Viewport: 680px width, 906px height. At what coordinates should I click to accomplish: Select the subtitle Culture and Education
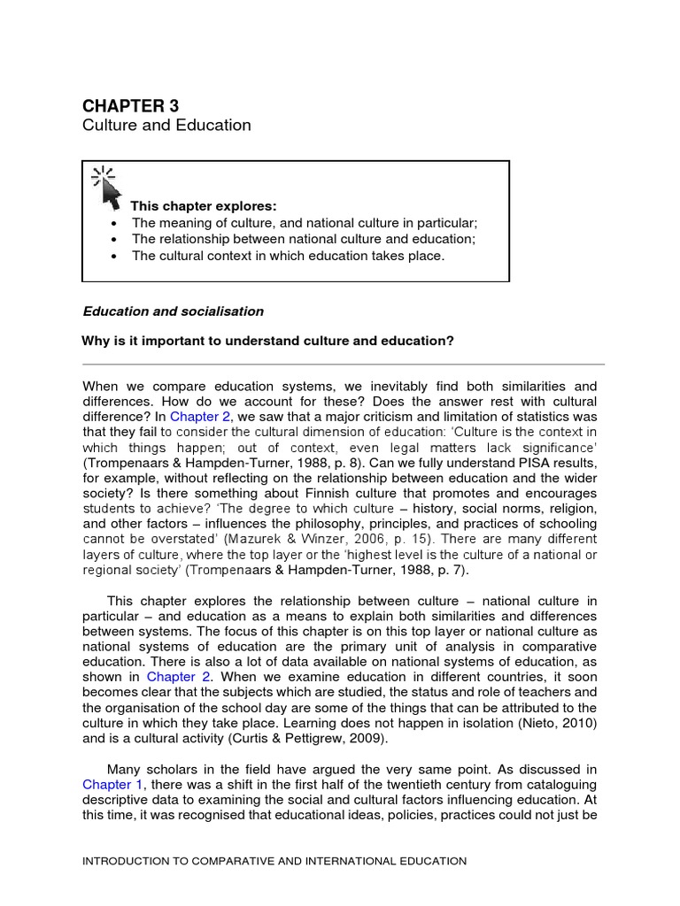(166, 126)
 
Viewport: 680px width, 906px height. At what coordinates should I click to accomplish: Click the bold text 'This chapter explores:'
(204, 206)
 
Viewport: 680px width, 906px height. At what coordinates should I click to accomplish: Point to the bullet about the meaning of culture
(304, 223)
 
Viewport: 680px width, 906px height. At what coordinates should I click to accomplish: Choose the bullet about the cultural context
(288, 256)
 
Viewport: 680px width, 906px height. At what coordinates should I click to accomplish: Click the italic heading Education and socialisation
(173, 311)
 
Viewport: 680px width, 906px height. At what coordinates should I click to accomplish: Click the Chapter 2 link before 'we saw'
(200, 417)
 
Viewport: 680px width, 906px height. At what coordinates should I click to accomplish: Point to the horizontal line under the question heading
(343, 364)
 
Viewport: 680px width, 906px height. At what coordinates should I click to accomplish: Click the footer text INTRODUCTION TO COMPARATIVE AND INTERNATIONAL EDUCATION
(274, 860)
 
